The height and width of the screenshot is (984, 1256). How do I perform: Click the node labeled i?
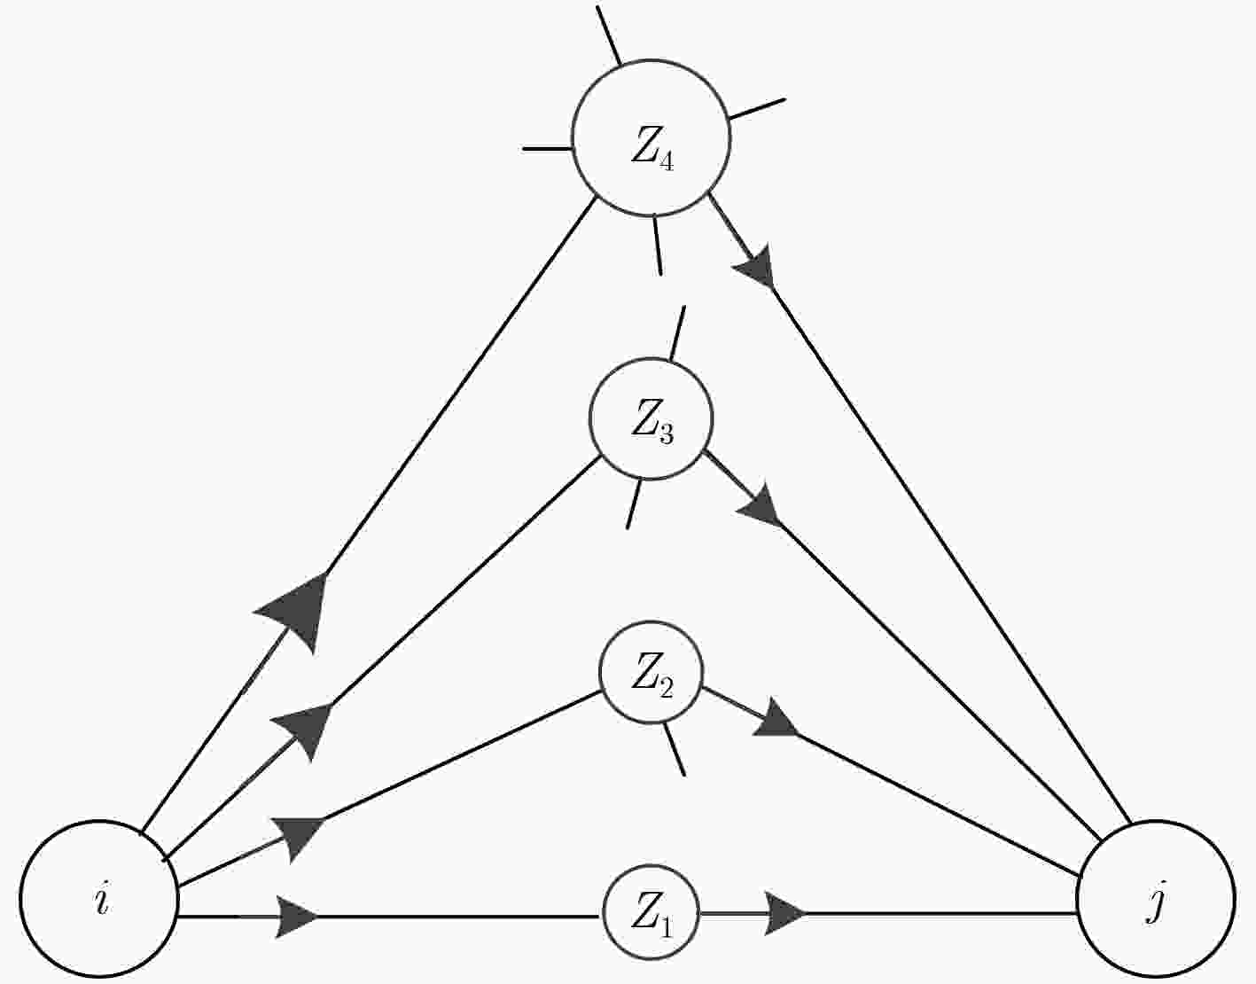tap(99, 900)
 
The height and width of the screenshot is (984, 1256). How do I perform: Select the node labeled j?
tap(1156, 900)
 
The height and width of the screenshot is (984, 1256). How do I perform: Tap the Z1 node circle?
tap(651, 912)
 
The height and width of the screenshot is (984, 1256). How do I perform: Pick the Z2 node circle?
tap(651, 672)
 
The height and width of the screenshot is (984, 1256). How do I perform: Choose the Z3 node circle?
tap(651, 418)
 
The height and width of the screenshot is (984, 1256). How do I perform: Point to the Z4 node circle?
tap(651, 138)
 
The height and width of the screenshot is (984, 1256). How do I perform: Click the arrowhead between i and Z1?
tap(296, 917)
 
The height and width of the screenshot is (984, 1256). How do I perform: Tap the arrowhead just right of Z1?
tap(784, 913)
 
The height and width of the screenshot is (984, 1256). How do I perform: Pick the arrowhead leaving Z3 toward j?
tap(761, 504)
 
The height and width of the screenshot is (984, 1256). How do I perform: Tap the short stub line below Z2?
tap(674, 748)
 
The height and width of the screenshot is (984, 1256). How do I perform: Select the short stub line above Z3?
tap(677, 332)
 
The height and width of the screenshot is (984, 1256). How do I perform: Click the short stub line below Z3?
tap(634, 504)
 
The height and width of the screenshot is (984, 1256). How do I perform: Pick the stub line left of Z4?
tap(548, 149)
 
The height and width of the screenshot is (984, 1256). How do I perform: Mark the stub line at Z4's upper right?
tap(757, 109)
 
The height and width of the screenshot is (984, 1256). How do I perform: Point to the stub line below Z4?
tap(658, 245)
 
